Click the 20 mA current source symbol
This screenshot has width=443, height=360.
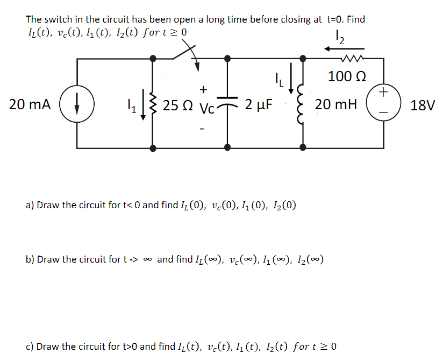pyautogui.click(x=77, y=104)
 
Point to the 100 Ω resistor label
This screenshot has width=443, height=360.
pyautogui.click(x=347, y=77)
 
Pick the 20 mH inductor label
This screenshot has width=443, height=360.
pyautogui.click(x=336, y=104)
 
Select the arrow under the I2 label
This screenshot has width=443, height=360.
pyautogui.click(x=335, y=49)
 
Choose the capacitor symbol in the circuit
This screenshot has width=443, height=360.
pyautogui.click(x=228, y=103)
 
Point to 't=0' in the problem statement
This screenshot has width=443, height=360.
pyautogui.click(x=337, y=19)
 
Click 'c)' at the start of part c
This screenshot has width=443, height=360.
pyautogui.click(x=30, y=346)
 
